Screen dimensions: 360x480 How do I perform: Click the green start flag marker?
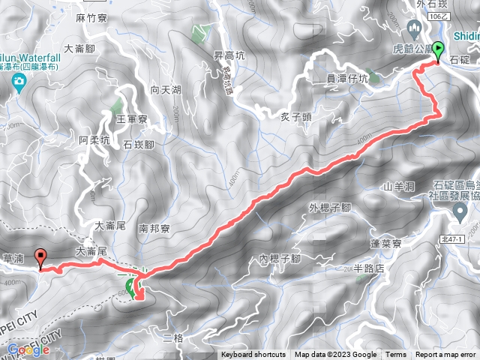tap(438, 49)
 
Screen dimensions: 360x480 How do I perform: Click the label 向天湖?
tap(166, 90)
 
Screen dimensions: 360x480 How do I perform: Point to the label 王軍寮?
tap(115, 118)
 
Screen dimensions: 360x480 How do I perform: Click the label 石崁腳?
tap(139, 145)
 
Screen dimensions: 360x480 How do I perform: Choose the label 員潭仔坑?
tap(342, 77)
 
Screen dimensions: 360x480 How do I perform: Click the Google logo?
tap(28, 349)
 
